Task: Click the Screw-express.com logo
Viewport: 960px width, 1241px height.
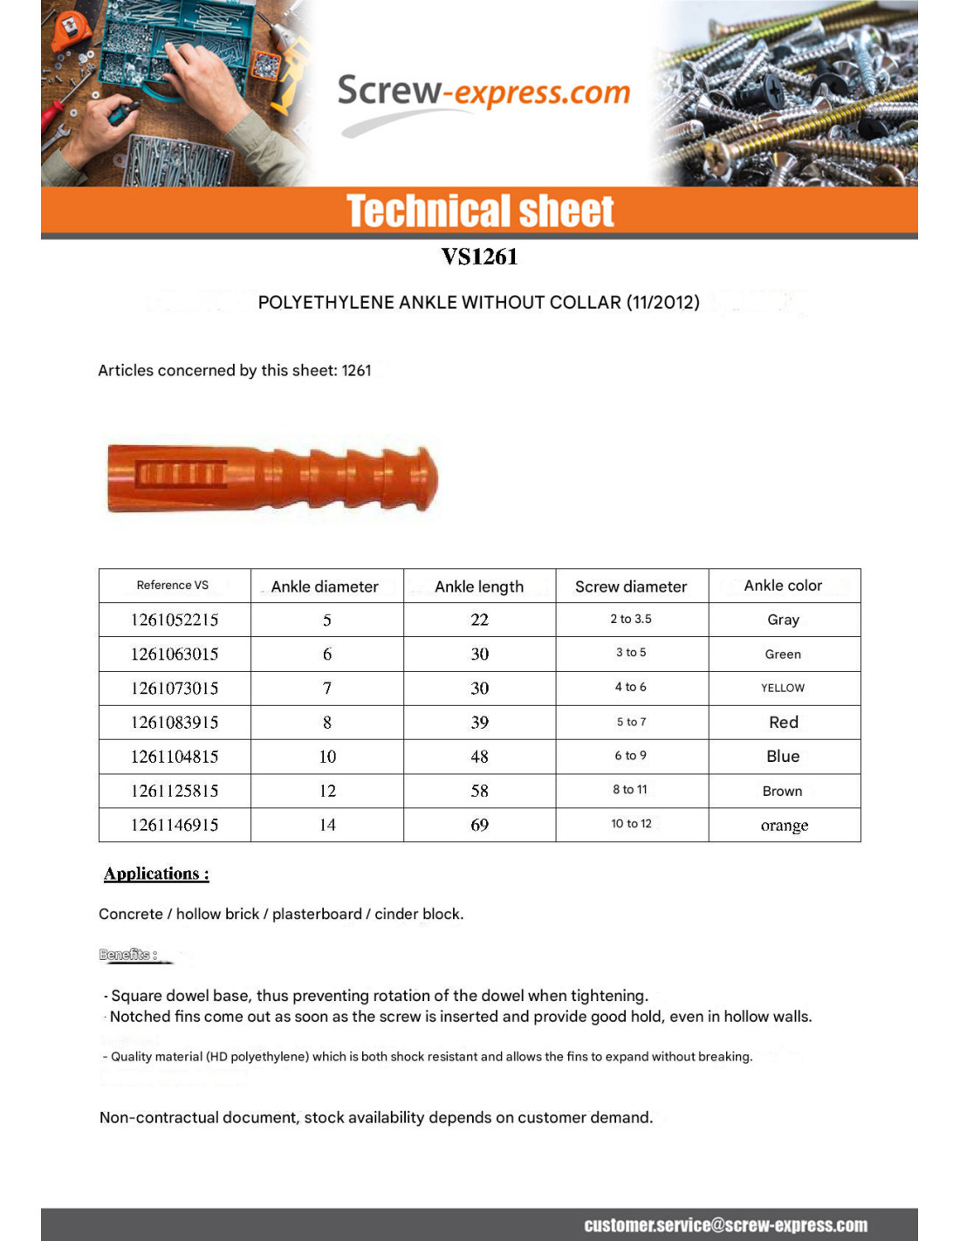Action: [483, 94]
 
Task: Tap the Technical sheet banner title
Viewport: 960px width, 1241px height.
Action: [480, 211]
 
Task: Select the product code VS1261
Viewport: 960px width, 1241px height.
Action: [479, 257]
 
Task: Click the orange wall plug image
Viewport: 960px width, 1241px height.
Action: [272, 477]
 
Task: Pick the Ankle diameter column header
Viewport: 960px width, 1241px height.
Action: [325, 586]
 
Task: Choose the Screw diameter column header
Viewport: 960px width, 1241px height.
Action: [631, 586]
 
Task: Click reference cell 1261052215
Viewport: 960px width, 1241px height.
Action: [175, 620]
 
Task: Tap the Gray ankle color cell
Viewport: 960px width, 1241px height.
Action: [783, 620]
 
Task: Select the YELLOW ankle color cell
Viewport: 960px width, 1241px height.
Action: [783, 688]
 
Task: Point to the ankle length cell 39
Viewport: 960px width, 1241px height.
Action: [479, 723]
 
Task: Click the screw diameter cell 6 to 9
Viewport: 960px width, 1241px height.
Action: [631, 756]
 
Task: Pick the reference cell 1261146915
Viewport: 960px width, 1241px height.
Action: [175, 825]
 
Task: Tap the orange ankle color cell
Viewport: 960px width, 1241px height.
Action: [784, 826]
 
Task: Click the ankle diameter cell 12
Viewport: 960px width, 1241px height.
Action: [327, 791]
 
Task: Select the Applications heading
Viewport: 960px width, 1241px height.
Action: [156, 874]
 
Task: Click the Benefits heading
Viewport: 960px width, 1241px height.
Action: [128, 955]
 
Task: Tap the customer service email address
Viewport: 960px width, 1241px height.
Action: [725, 1225]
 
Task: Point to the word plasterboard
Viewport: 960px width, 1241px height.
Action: [317, 914]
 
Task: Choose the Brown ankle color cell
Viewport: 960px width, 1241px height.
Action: [782, 791]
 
